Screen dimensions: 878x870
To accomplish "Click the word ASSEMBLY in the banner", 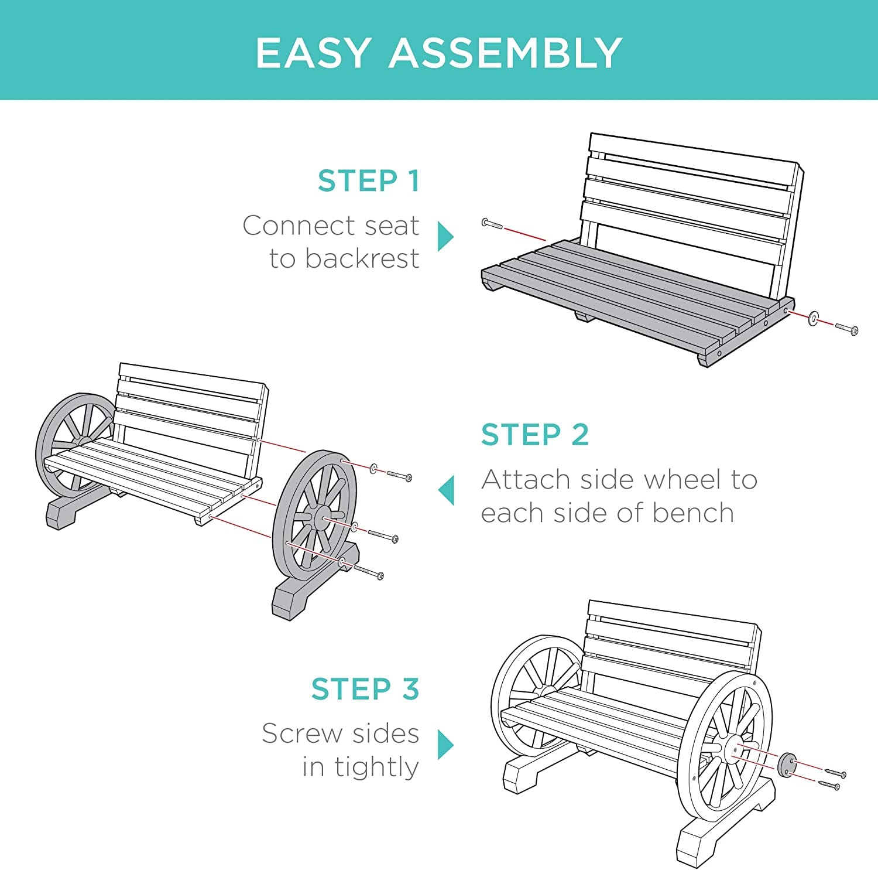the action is tap(506, 53).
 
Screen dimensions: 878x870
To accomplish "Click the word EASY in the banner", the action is tap(314, 53).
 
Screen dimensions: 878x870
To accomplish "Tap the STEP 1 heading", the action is tap(369, 180).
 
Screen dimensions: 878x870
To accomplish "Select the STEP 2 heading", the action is tap(535, 435).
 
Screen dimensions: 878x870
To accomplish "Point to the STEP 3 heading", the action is tap(365, 689).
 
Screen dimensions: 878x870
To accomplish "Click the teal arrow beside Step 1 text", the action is tap(445, 236).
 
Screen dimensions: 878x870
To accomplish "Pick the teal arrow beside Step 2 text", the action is tap(446, 490).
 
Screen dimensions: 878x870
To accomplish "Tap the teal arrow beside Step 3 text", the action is tap(445, 745).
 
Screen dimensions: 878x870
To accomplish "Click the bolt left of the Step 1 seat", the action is tap(492, 224).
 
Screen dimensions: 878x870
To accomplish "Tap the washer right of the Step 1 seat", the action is tap(813, 319).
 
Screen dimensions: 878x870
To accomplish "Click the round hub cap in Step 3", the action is tap(786, 765).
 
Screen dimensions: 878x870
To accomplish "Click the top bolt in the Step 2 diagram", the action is tap(399, 475).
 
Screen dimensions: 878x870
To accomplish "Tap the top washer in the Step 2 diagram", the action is tap(373, 468).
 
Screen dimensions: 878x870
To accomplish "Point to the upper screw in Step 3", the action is tap(835, 773).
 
